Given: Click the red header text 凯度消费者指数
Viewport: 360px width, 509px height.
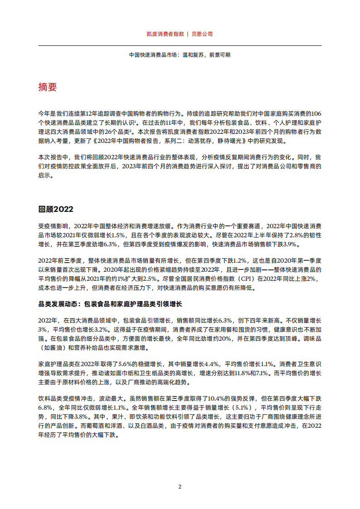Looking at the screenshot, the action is pos(166,34).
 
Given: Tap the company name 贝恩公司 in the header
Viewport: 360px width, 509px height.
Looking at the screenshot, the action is pos(202,34).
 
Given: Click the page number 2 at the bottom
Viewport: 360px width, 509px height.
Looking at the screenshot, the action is pos(180,487).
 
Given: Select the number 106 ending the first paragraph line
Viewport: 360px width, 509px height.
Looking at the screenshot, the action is pos(316,113).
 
